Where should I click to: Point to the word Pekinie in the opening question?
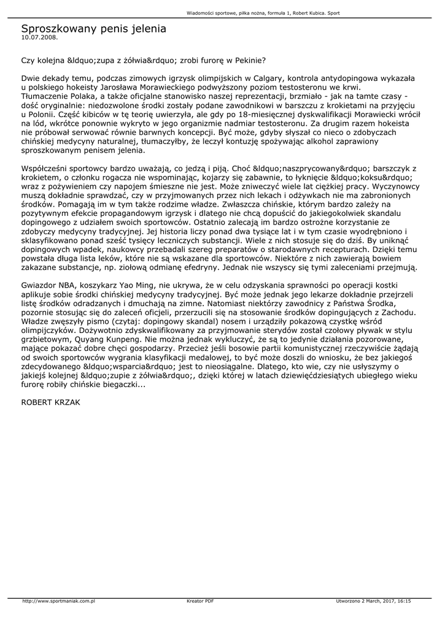249,61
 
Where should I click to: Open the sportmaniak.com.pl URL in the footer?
58,601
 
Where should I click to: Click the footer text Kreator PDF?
200,601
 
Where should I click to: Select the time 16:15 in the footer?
404,601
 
